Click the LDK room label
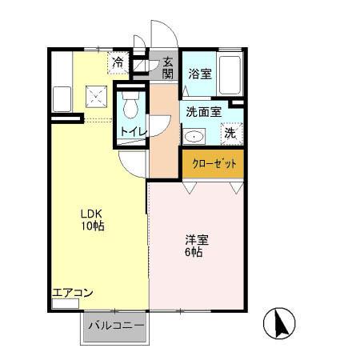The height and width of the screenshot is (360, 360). (x=90, y=214)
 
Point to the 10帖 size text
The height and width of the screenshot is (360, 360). (x=91, y=226)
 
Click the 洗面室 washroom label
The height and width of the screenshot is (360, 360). (x=202, y=112)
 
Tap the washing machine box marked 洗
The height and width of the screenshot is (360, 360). (x=230, y=134)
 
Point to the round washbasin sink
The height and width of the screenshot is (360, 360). (x=194, y=136)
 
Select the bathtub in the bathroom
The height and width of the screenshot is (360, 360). (x=231, y=74)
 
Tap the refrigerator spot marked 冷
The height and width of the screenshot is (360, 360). (x=118, y=62)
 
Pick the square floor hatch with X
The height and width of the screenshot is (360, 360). (x=98, y=98)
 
